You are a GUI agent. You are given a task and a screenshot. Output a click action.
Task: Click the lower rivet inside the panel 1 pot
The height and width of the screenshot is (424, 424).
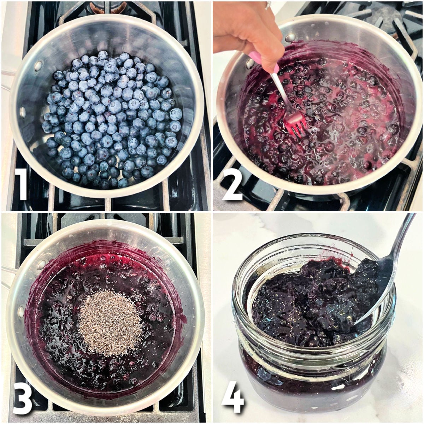click(24, 112)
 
